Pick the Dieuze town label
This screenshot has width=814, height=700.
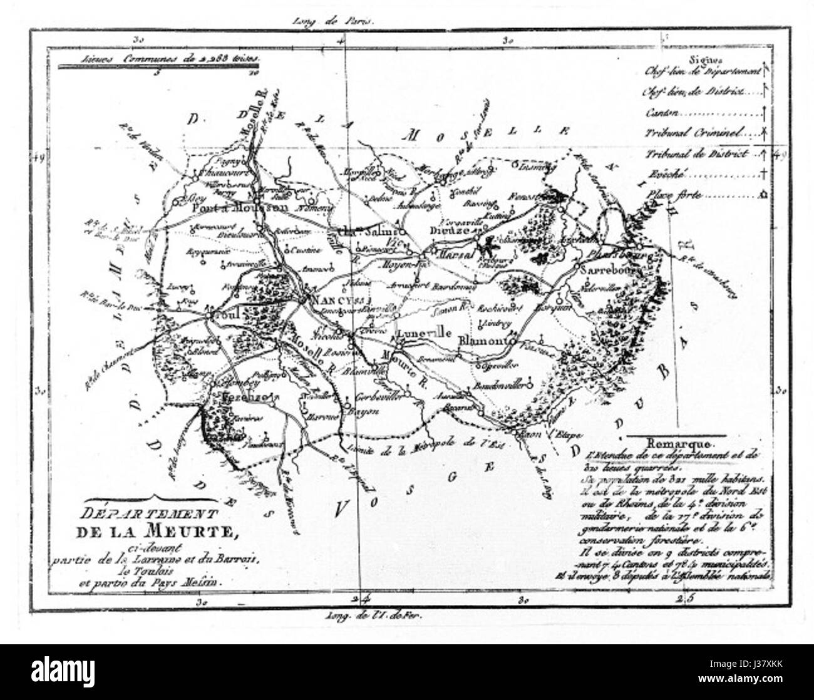(x=447, y=230)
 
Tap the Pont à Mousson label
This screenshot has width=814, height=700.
(x=230, y=208)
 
